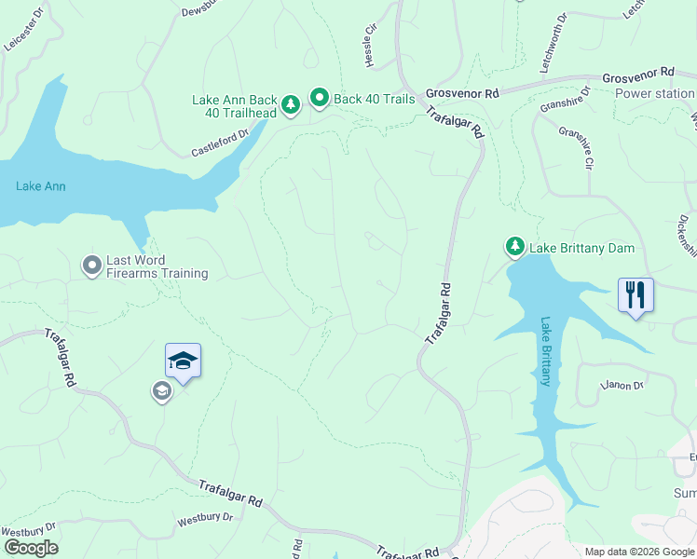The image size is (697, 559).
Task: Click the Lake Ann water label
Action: click(40, 186)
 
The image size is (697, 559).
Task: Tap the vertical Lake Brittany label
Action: click(545, 351)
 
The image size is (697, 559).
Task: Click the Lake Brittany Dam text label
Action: click(581, 248)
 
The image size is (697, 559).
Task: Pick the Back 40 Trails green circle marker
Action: click(320, 98)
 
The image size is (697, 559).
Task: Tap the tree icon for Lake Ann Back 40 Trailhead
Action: click(291, 105)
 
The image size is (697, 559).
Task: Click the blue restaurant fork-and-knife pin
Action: click(635, 295)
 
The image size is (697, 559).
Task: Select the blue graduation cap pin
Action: click(183, 361)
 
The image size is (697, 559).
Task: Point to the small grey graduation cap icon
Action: click(161, 391)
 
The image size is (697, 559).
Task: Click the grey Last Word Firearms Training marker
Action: click(91, 266)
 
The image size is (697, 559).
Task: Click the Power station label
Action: click(654, 93)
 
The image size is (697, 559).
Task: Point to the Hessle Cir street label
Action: click(370, 43)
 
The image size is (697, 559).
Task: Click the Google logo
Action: click(30, 548)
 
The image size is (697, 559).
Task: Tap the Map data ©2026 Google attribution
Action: click(638, 552)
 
